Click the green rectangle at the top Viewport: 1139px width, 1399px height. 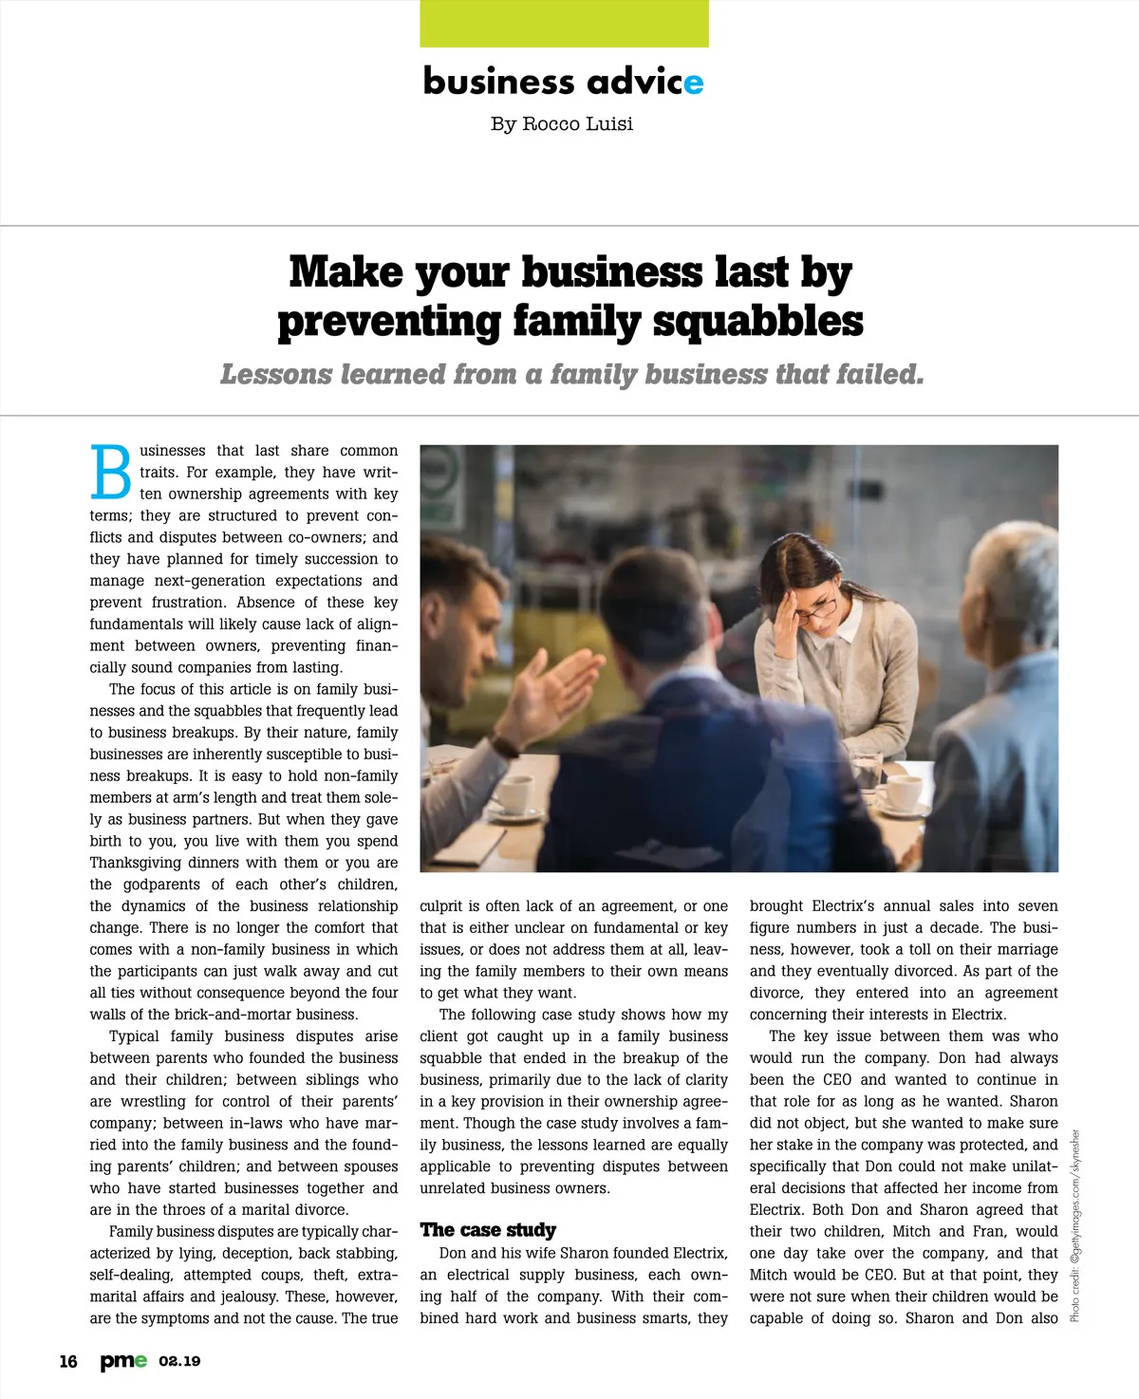[564, 23]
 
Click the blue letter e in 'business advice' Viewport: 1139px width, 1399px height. [694, 84]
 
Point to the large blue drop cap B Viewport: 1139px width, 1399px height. [111, 472]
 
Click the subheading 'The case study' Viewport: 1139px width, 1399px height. [488, 1230]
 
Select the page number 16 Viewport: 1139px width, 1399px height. [68, 1361]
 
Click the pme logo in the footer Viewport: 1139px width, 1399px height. [123, 1361]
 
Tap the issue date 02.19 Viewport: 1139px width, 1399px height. [179, 1361]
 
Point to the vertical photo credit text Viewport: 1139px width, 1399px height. [1075, 1224]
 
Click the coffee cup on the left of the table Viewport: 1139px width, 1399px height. [513, 795]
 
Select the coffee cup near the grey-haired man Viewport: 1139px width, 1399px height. [903, 793]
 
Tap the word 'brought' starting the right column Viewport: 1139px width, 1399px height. [776, 906]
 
